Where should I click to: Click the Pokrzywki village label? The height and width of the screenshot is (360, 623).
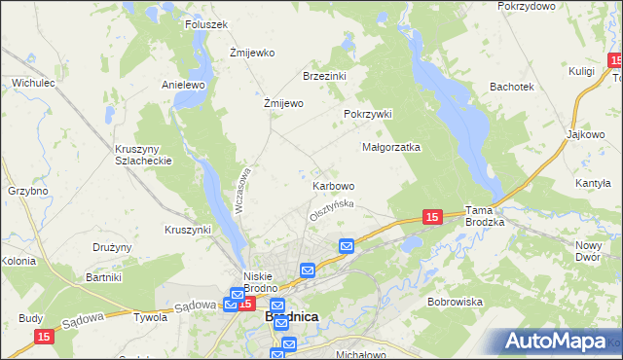click(x=367, y=114)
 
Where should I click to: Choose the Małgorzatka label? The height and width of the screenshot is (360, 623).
click(x=390, y=148)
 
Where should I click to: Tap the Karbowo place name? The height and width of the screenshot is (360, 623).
click(x=333, y=185)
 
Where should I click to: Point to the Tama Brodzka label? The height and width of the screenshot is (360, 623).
click(x=484, y=216)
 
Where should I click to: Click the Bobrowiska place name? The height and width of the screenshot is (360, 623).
click(x=455, y=302)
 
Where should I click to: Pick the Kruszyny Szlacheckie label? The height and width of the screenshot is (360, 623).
click(x=143, y=155)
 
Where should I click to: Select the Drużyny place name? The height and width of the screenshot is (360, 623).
click(x=112, y=247)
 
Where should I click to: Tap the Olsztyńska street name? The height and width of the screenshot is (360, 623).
click(x=331, y=208)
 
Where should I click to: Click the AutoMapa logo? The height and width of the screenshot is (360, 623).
click(x=558, y=342)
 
